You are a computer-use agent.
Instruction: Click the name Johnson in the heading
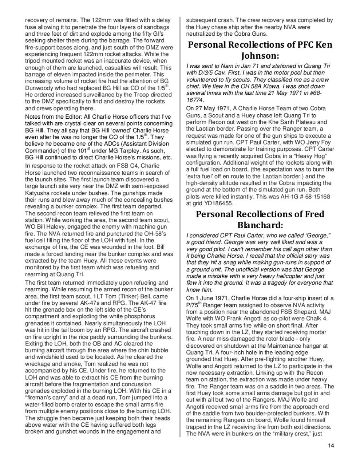click(259, 56)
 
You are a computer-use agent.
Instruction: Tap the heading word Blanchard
click(259, 224)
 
